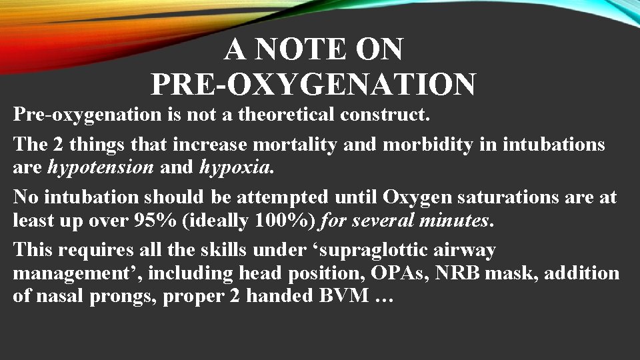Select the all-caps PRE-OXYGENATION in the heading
tap(313, 85)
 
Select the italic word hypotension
tap(101, 167)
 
